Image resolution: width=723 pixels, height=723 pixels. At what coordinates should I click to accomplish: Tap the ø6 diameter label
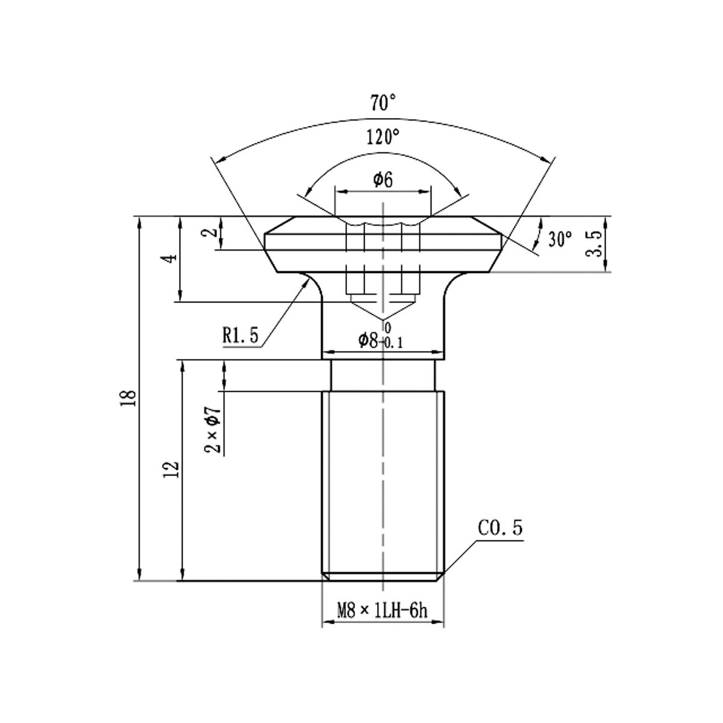[383, 180]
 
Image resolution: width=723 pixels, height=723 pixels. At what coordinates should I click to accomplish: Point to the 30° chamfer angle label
[560, 239]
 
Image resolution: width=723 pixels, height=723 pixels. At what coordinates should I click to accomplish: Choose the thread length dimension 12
[172, 470]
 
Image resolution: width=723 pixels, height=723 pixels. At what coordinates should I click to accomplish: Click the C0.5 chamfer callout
[500, 529]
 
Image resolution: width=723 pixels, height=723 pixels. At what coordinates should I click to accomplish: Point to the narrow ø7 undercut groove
[383, 375]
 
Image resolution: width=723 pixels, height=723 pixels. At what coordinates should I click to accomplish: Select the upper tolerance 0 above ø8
[387, 328]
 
